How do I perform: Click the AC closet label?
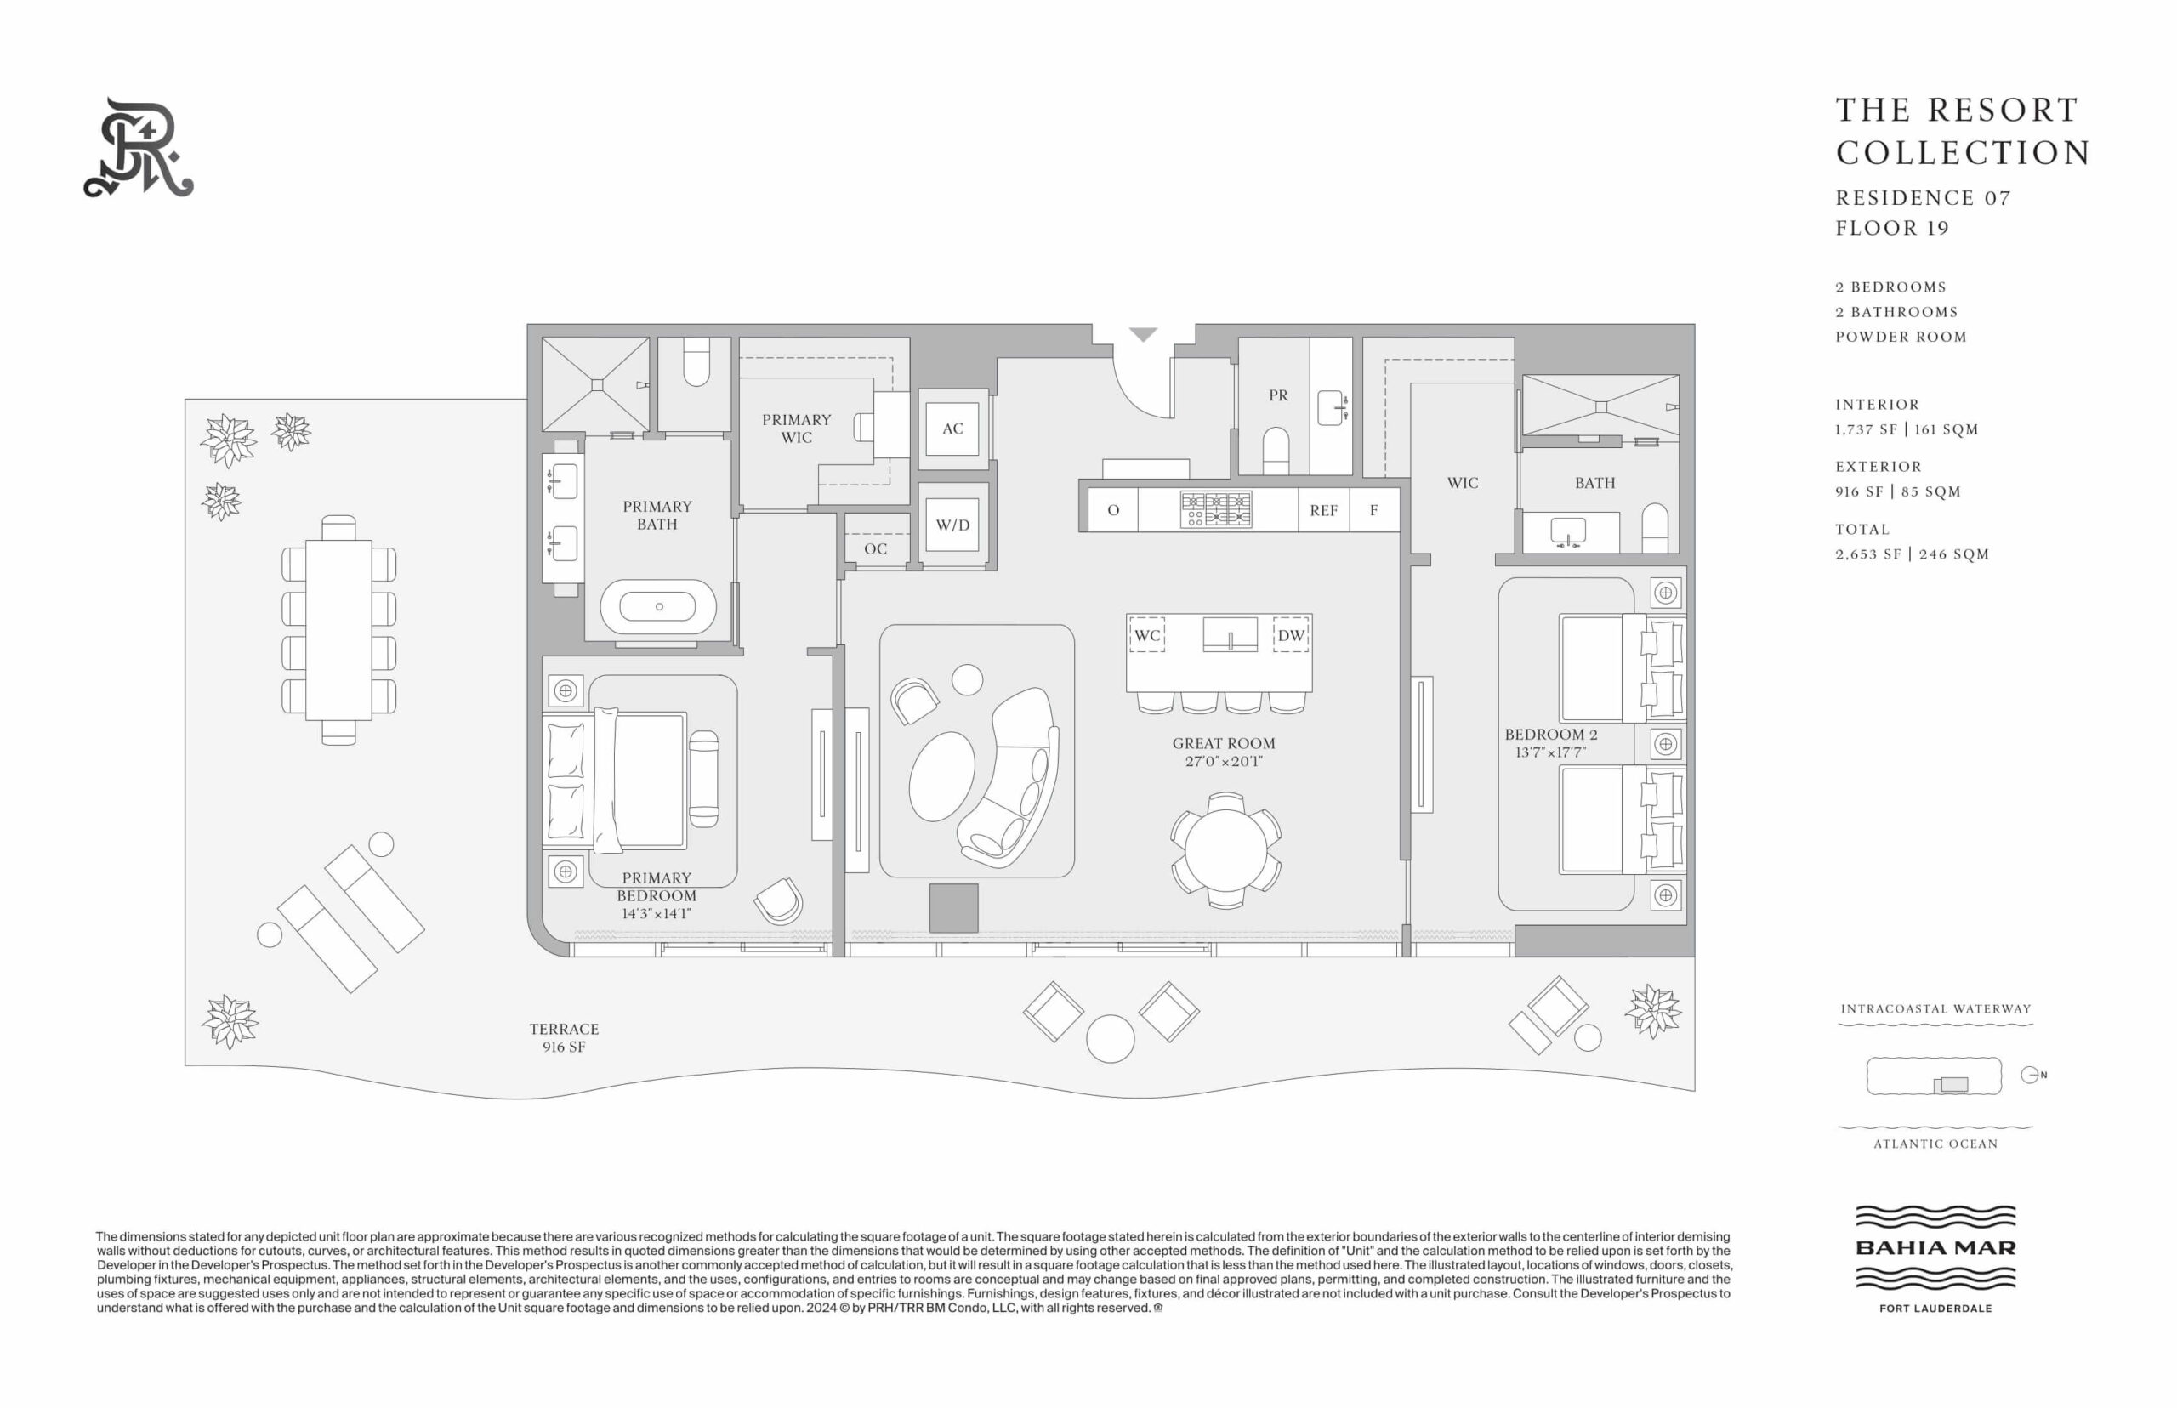(952, 428)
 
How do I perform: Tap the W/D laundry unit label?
(952, 525)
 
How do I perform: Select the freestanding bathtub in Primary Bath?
(658, 606)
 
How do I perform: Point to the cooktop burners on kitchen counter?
(1215, 509)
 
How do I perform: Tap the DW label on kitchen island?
(1290, 635)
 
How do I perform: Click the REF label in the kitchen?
(1323, 511)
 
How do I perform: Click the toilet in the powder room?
(1276, 451)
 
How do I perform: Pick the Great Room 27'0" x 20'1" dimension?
(1224, 761)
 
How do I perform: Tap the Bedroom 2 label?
(1551, 734)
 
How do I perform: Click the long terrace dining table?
(338, 630)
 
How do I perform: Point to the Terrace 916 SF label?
(564, 1037)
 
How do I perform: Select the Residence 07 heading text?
(1923, 197)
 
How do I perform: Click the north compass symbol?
(2032, 1076)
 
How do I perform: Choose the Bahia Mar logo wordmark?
(1935, 1247)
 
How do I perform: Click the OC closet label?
(875, 548)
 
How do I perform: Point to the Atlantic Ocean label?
(1935, 1144)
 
